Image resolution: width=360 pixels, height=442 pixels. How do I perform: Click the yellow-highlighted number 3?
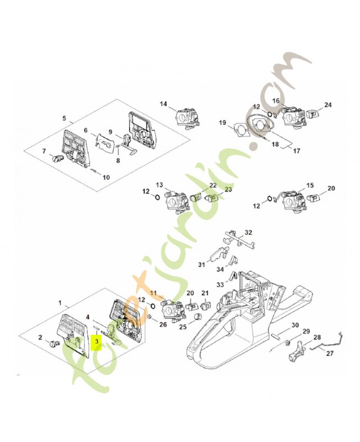(x=97, y=341)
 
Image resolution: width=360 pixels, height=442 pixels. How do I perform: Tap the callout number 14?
(x=163, y=104)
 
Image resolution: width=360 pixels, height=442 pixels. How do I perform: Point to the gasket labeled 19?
(x=240, y=129)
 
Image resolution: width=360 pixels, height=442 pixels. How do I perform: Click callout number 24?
(x=327, y=105)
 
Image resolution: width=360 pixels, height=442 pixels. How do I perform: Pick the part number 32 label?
(x=248, y=233)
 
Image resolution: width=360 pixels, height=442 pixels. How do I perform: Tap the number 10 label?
(x=106, y=177)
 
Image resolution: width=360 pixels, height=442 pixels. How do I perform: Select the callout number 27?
(x=330, y=353)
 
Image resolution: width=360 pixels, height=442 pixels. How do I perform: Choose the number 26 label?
(x=163, y=324)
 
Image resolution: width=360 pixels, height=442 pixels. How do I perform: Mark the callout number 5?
(x=64, y=118)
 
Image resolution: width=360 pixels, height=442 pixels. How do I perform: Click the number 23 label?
(x=228, y=188)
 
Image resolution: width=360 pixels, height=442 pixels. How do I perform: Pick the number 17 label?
(x=297, y=151)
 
